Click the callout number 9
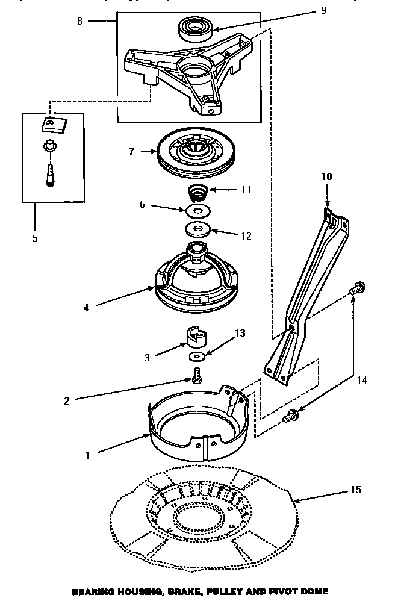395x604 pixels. pyautogui.click(x=324, y=10)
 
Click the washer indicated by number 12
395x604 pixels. pyautogui.click(x=197, y=229)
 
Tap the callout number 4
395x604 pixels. pyautogui.click(x=86, y=307)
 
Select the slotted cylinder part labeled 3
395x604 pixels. pyautogui.click(x=198, y=338)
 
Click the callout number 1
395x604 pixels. pyautogui.click(x=87, y=455)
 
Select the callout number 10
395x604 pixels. pyautogui.click(x=326, y=177)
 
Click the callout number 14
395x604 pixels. pyautogui.click(x=361, y=380)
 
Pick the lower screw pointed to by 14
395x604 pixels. pyautogui.click(x=293, y=414)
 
